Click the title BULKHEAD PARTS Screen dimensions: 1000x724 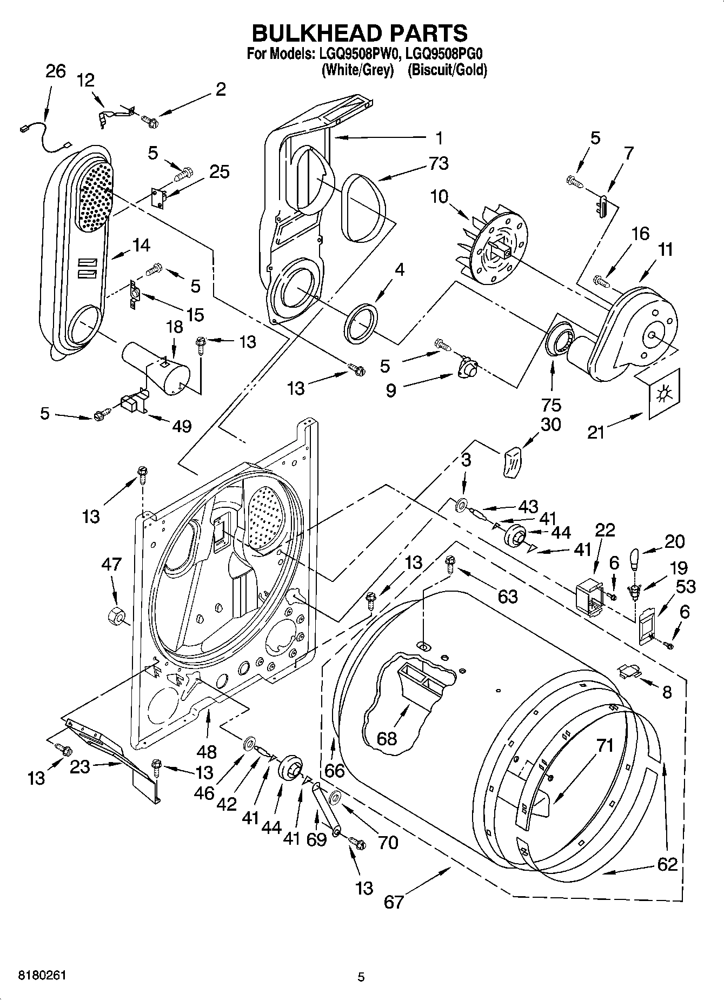click(x=360, y=34)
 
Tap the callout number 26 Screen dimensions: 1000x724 click(x=55, y=71)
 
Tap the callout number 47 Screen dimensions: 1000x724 click(x=111, y=565)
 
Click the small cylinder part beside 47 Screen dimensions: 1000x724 click(x=116, y=615)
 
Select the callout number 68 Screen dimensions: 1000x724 click(x=387, y=738)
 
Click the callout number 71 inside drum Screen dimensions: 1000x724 click(x=605, y=745)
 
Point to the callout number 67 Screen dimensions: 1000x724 click(x=394, y=902)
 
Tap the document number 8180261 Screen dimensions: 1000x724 click(x=42, y=976)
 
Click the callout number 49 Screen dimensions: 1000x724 click(x=182, y=426)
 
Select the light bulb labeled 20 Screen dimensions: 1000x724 click(x=636, y=558)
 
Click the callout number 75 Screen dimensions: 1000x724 click(x=552, y=405)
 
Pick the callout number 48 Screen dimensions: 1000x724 click(x=207, y=751)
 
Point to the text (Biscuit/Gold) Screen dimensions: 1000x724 click(x=447, y=70)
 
